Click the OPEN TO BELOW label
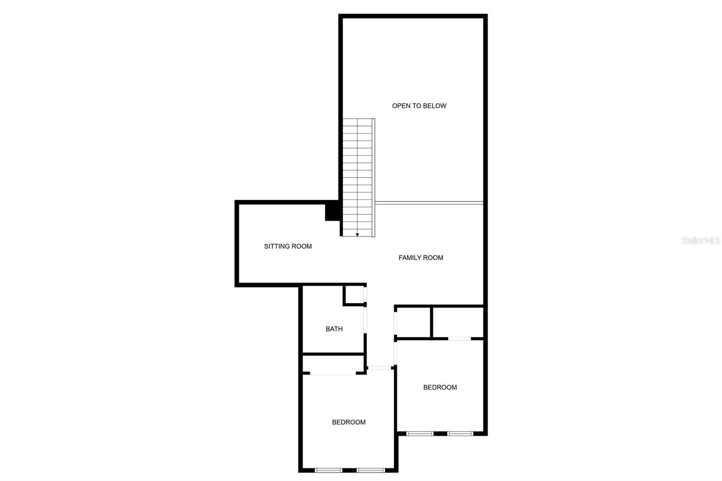tap(419, 106)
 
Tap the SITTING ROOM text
tap(288, 246)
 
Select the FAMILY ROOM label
tap(421, 258)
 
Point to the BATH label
tap(334, 329)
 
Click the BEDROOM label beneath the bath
tap(349, 422)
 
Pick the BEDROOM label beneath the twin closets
tap(440, 387)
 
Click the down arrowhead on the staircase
tap(357, 235)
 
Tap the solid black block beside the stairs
tap(332, 211)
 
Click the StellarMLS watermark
tap(701, 240)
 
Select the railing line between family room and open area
tap(429, 203)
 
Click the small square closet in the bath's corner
tap(354, 295)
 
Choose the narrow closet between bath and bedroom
tap(333, 364)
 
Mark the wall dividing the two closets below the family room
tap(431, 322)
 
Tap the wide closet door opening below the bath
tap(333, 373)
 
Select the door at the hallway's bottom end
tap(380, 368)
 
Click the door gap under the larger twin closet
tap(460, 338)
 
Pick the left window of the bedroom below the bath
tap(329, 470)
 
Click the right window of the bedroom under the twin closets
tap(460, 434)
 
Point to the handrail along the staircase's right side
tap(374, 178)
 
